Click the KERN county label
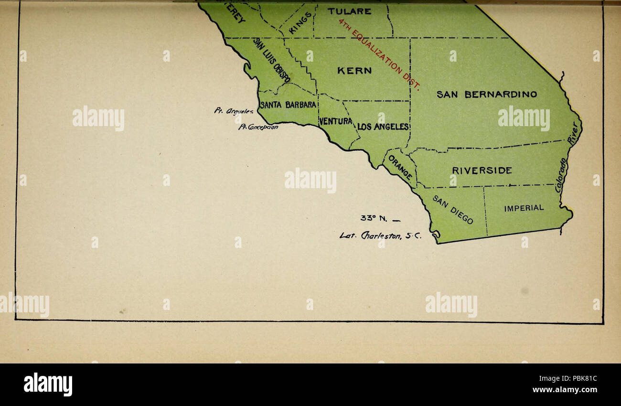354,71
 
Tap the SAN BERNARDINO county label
486,95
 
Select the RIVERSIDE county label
482,170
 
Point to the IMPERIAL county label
524,208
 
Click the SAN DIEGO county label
453,209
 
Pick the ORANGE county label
400,168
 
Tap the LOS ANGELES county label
383,127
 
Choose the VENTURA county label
335,121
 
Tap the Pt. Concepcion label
258,127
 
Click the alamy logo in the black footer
48,385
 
